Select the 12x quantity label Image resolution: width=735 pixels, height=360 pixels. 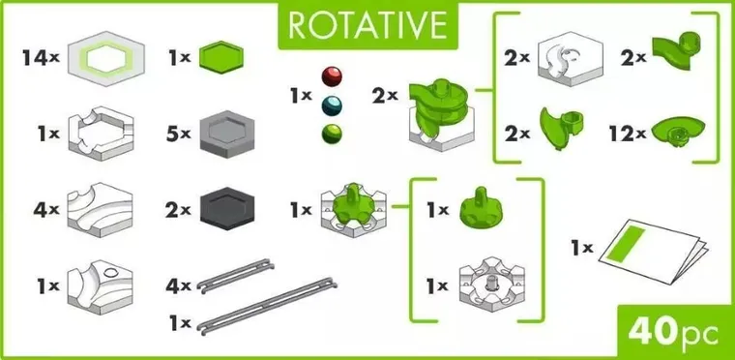(627, 134)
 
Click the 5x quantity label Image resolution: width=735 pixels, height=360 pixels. (178, 132)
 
